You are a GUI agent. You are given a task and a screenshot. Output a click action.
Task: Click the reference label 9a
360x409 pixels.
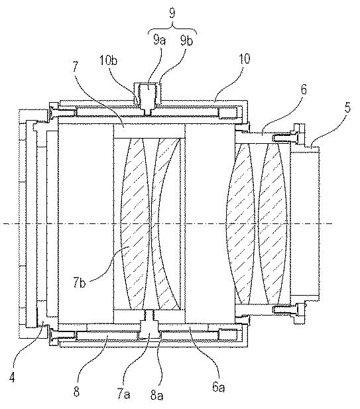(x=159, y=40)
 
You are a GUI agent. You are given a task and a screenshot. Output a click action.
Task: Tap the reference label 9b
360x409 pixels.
(x=186, y=40)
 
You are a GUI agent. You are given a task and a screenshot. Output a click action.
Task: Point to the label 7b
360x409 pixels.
(x=79, y=283)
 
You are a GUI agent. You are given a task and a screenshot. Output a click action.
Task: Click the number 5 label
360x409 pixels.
(x=347, y=107)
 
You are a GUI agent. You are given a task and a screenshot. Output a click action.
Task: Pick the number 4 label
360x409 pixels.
(x=12, y=377)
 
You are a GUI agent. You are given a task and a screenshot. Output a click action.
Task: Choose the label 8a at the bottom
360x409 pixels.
(x=156, y=396)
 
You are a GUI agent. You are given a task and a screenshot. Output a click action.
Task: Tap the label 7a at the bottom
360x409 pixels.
(x=123, y=394)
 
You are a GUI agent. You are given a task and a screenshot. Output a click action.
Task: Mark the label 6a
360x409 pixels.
(x=218, y=387)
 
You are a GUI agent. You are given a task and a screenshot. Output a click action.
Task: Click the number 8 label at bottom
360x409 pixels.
(x=76, y=391)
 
